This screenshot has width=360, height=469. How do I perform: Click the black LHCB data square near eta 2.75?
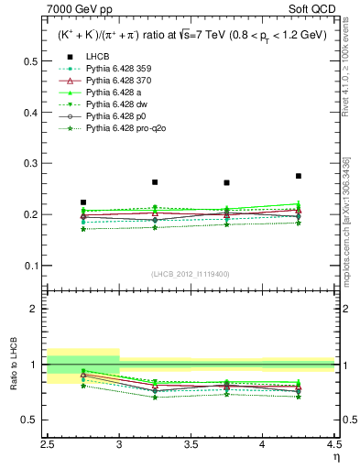coord(83,202)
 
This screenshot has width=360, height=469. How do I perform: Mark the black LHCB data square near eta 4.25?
coord(299,176)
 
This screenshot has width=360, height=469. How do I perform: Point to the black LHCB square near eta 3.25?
coord(155,182)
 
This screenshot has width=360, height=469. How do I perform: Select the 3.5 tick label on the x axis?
coord(191,443)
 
